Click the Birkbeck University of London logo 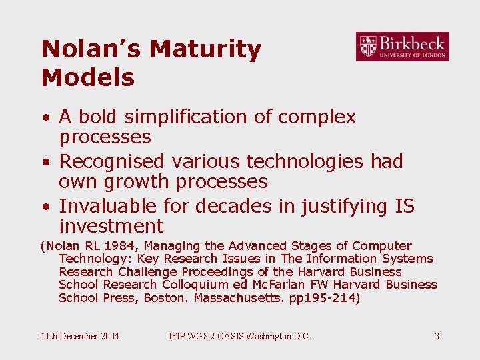(402, 47)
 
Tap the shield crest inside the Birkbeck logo (367, 46)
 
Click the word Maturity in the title (205, 49)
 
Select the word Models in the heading (88, 78)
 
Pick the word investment (111, 226)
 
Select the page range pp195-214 (325, 297)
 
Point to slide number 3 (437, 336)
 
